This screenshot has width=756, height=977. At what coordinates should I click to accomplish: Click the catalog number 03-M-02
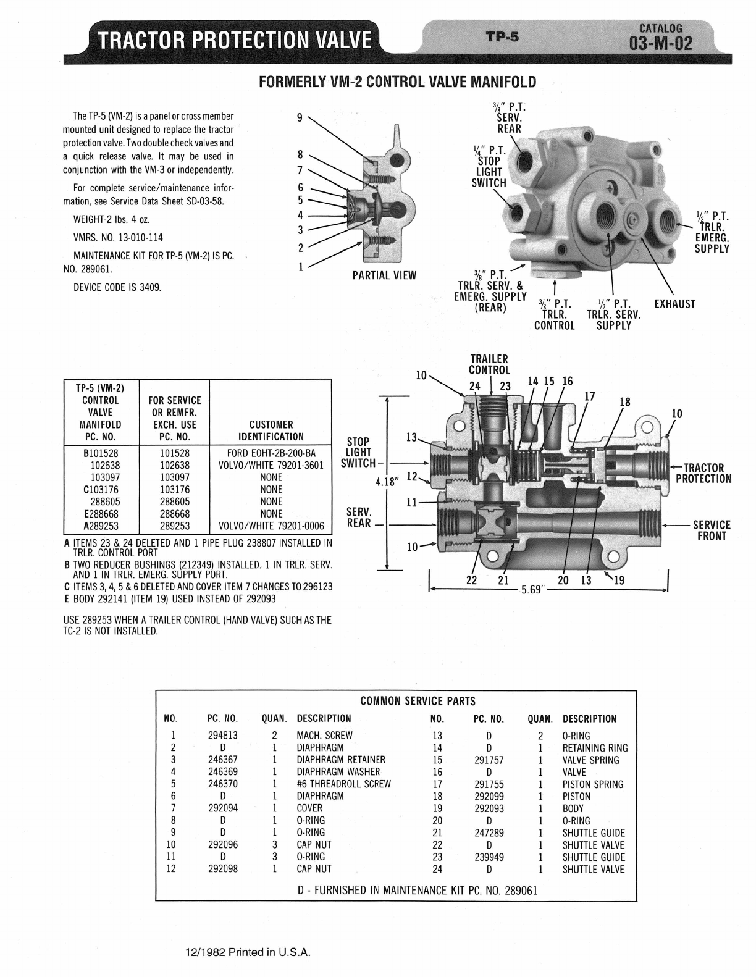(661, 44)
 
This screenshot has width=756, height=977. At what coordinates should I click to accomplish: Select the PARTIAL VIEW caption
(384, 275)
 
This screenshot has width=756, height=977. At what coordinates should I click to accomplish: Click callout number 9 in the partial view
(300, 118)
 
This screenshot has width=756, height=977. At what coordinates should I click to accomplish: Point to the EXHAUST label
(674, 304)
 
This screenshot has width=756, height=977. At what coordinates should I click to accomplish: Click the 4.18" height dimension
(387, 482)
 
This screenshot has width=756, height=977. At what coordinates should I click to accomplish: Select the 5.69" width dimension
(533, 589)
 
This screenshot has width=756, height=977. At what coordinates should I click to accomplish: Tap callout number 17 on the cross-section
(589, 396)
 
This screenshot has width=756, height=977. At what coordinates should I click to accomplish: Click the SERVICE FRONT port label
(712, 530)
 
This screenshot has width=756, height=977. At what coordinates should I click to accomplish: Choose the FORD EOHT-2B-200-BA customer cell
(271, 453)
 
